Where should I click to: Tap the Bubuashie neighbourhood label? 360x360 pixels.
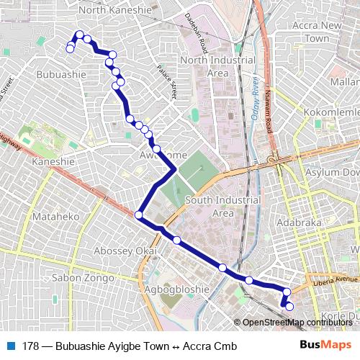(58, 74)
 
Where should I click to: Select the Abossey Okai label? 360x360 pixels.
(125, 250)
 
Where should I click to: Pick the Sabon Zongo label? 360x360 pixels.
(84, 277)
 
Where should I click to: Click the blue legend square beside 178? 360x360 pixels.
(10, 346)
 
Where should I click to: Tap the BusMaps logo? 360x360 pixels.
(325, 346)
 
